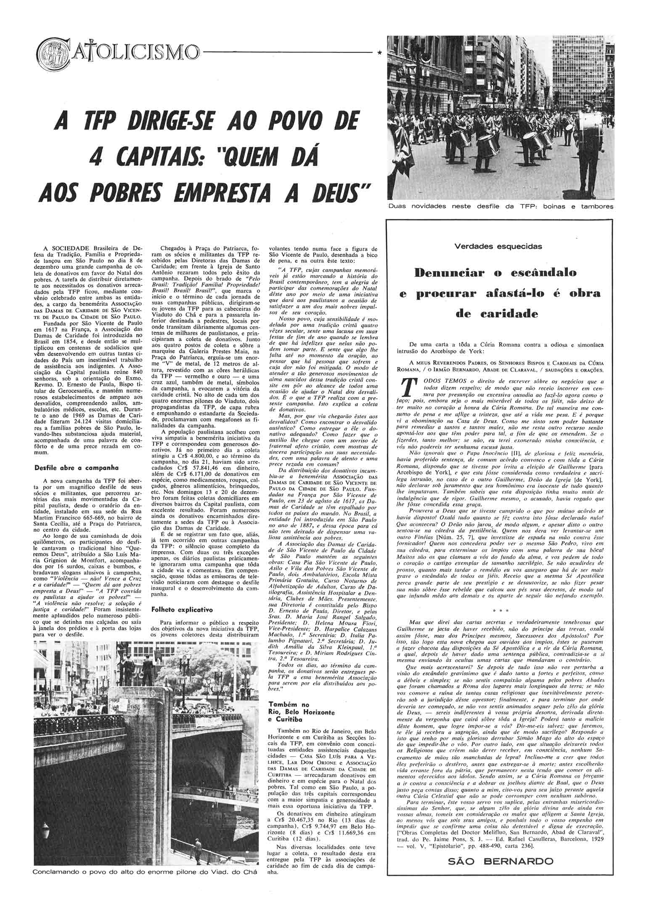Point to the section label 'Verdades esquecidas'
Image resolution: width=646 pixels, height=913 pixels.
tap(498, 247)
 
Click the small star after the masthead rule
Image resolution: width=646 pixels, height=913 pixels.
tap(380, 53)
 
